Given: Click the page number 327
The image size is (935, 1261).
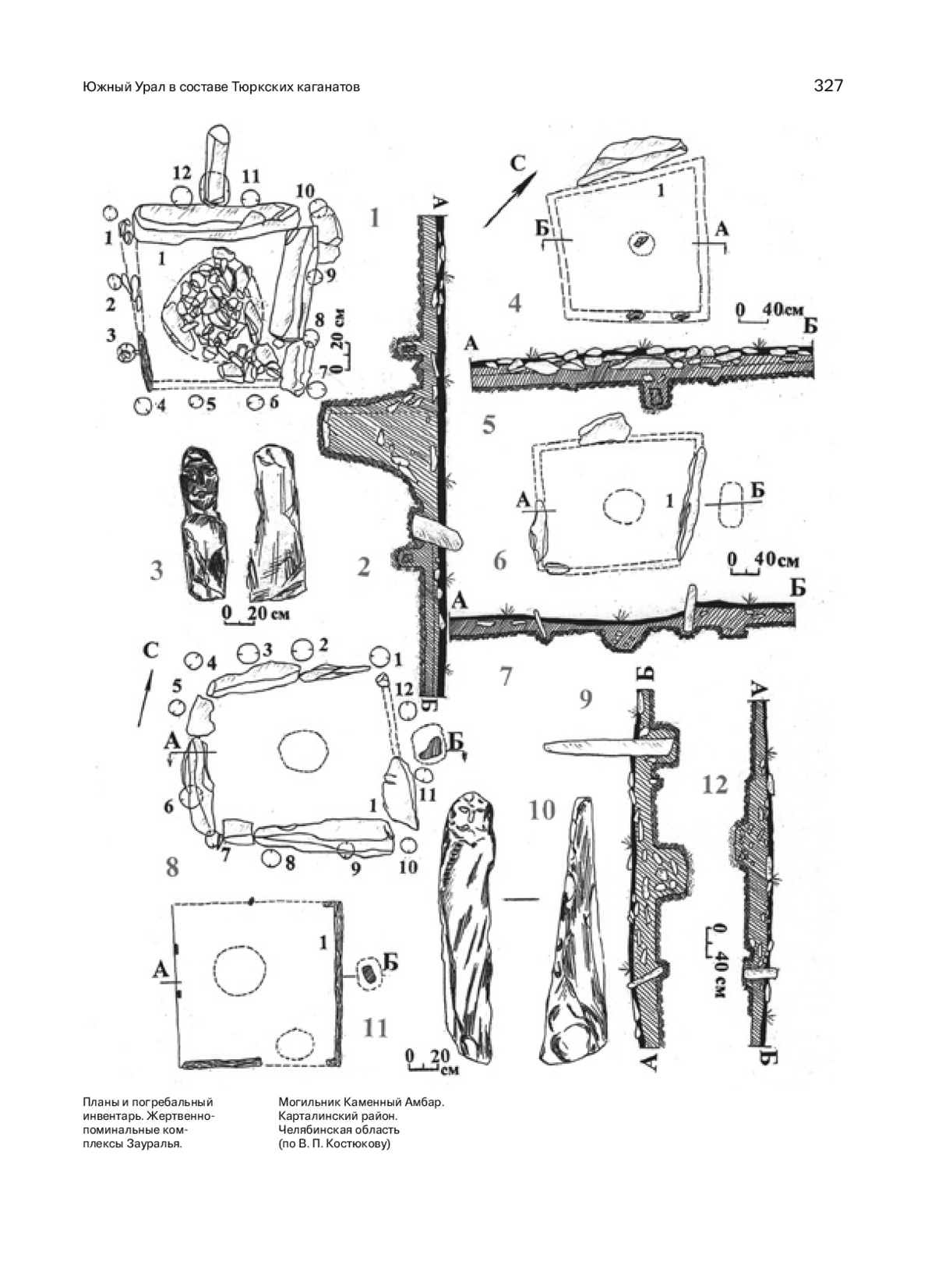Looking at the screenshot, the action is click(x=829, y=86).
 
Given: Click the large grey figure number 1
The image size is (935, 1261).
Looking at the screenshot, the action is click(x=374, y=217).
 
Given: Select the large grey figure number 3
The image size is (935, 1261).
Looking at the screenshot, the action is click(x=157, y=570).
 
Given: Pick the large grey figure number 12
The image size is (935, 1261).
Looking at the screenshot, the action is click(x=715, y=785).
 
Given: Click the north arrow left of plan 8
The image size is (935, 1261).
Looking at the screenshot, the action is click(x=146, y=698).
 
